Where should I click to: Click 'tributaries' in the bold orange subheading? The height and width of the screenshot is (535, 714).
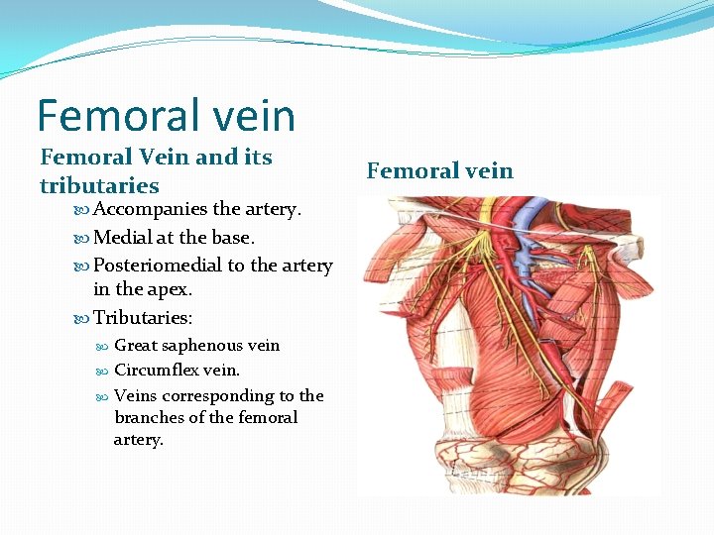pyautogui.click(x=99, y=186)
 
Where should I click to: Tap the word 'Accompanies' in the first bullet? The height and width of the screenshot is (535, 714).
pyautogui.click(x=151, y=210)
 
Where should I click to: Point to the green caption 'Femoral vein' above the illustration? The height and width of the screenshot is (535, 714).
pyautogui.click(x=439, y=171)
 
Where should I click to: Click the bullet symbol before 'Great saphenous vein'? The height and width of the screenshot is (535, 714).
pyautogui.click(x=102, y=346)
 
